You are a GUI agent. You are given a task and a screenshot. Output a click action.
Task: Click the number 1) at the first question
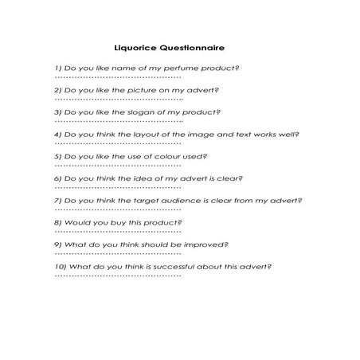point(58,68)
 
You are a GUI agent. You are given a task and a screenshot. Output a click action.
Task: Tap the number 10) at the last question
point(61,266)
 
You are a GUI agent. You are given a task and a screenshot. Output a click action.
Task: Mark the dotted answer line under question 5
point(118,165)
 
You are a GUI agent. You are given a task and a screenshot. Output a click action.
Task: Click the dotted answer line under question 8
point(118,231)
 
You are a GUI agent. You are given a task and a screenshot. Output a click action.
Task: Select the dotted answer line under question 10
point(118,275)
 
